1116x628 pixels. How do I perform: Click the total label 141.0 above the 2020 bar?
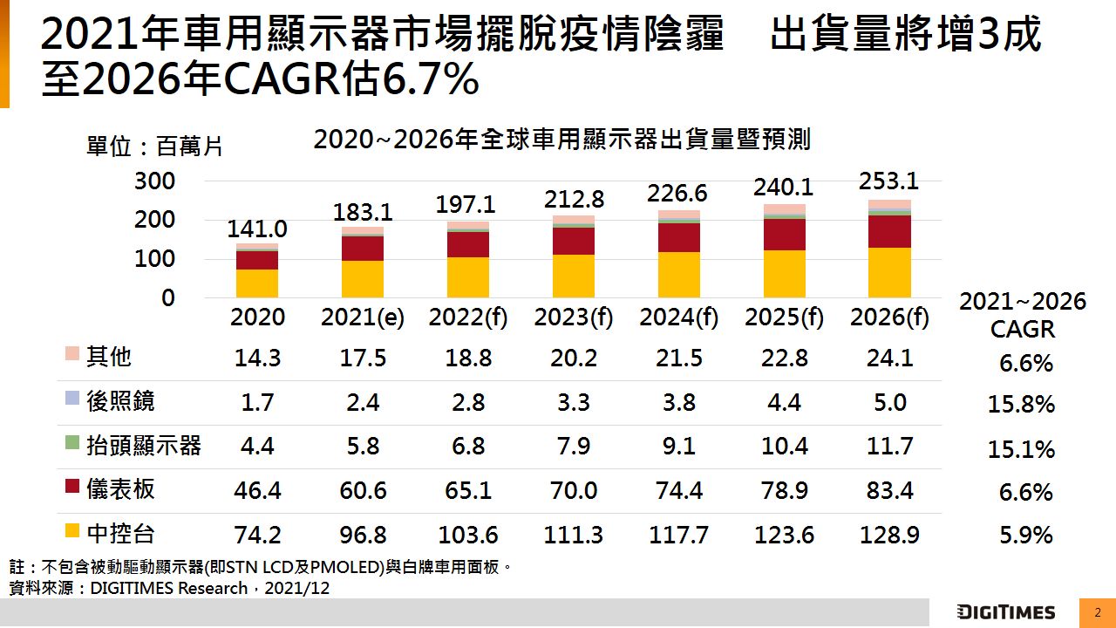tap(257, 229)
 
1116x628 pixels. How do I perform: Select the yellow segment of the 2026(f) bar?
tap(889, 272)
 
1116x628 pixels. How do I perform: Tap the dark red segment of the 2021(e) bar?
tap(363, 249)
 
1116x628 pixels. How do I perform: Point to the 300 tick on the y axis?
tap(154, 181)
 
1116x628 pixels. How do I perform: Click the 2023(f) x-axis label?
tap(574, 318)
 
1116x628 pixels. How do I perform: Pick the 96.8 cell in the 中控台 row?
tap(363, 534)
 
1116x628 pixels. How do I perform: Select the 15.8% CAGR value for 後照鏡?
tap(1021, 405)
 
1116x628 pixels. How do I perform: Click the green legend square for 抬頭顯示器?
tap(72, 444)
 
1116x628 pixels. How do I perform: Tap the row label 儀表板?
tap(120, 489)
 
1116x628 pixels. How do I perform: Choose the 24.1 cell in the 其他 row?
tap(889, 358)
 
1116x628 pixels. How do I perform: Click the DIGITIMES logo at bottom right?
tap(1006, 612)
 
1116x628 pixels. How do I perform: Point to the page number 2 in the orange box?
tap(1097, 612)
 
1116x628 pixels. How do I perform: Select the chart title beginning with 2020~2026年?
tap(562, 140)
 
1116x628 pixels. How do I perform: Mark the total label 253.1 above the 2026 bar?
tap(888, 181)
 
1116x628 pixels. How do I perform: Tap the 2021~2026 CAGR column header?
tap(1023, 315)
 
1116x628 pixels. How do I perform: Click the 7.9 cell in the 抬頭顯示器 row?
tap(574, 447)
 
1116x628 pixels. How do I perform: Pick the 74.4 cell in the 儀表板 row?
tap(679, 490)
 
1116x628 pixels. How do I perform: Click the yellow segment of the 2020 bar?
tap(257, 283)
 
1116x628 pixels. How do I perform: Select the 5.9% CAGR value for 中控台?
tap(1026, 536)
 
